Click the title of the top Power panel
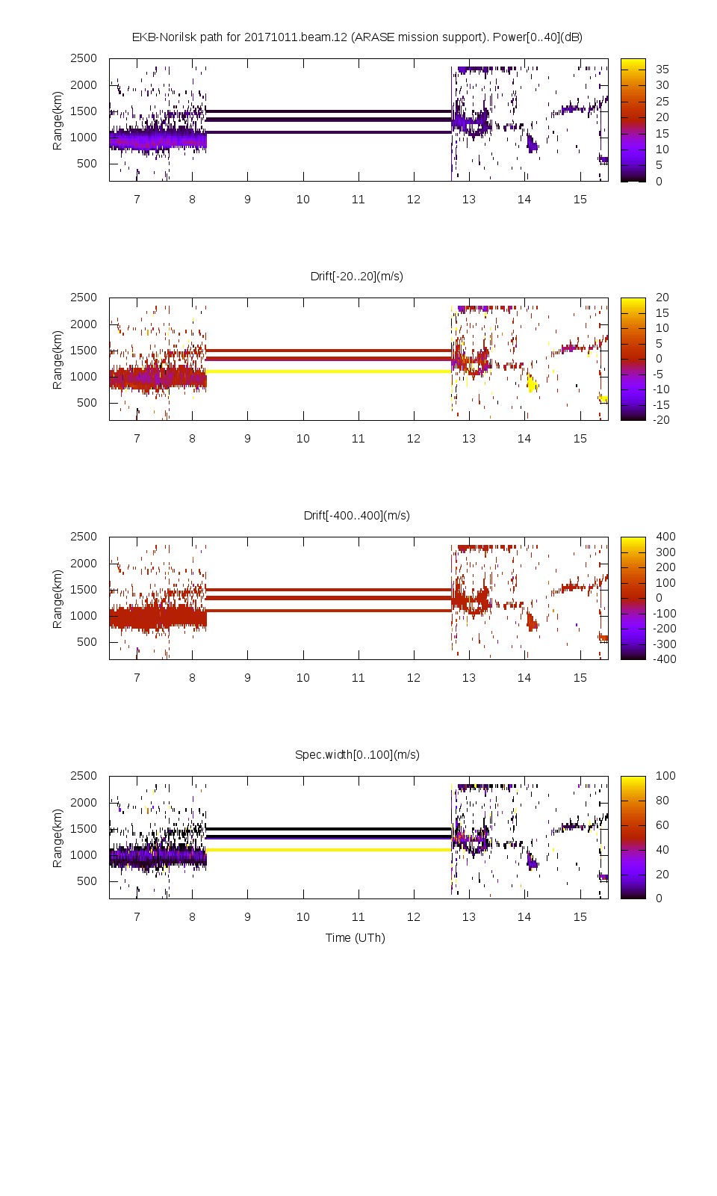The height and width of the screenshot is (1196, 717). pos(357,37)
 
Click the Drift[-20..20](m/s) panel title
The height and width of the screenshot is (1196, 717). pos(357,277)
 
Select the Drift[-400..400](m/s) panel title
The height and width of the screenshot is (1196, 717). pos(357,516)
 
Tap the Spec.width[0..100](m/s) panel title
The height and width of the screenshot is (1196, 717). pos(357,755)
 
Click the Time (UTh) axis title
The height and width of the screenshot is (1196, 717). pos(356,938)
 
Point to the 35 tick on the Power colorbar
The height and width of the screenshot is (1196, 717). pos(662,70)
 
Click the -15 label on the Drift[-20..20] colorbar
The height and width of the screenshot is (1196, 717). pos(662,405)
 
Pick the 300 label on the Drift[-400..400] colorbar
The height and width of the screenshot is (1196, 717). pos(665,552)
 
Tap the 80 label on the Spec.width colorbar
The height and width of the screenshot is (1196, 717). pos(662,801)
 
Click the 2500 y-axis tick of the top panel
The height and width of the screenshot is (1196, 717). pos(84,58)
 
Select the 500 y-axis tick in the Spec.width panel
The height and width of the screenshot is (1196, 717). pos(87,881)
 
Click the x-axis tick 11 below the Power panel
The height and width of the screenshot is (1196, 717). pos(358,200)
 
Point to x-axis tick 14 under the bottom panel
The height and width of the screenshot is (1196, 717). pos(524,917)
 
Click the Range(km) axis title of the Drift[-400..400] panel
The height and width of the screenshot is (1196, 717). pos(58,599)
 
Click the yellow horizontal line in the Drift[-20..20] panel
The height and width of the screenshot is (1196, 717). pos(329,372)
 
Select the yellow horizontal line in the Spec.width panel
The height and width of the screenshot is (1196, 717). pos(329,850)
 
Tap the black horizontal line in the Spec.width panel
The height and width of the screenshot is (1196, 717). pos(329,829)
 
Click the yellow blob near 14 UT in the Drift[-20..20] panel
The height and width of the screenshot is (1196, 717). pos(532,384)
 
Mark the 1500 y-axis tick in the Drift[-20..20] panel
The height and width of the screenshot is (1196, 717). pos(84,351)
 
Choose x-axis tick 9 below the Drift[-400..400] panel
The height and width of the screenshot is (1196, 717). pos(248,678)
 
